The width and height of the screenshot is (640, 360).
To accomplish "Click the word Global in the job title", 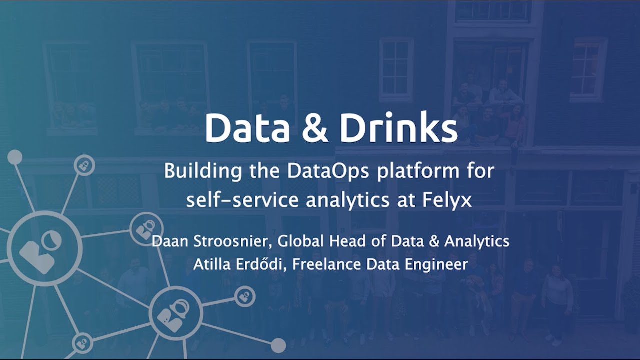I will coord(301,241).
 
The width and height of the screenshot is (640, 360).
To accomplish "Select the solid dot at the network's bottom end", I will coord(278,345).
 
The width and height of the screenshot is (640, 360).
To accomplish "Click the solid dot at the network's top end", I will coord(15,157).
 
